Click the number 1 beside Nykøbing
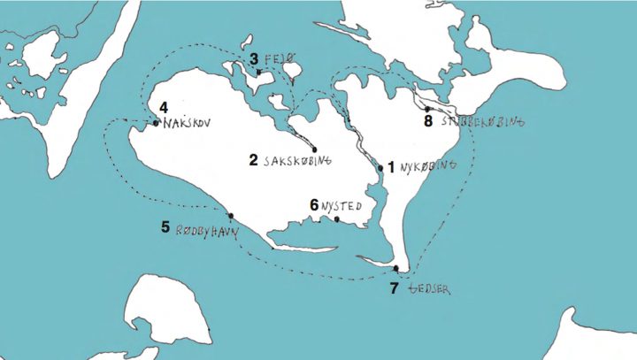pyautogui.click(x=391, y=165)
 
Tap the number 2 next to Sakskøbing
pyautogui.click(x=254, y=160)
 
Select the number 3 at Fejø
pyautogui.click(x=254, y=59)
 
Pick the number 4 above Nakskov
pyautogui.click(x=164, y=109)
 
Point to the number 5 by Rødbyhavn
pyautogui.click(x=165, y=226)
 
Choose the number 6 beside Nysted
pyautogui.click(x=314, y=203)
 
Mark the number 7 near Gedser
pyautogui.click(x=394, y=287)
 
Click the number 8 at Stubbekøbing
pyautogui.click(x=428, y=121)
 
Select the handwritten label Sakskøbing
pyautogui.click(x=296, y=161)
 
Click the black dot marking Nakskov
pyautogui.click(x=156, y=123)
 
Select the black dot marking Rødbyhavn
pyautogui.click(x=231, y=215)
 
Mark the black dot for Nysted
pyautogui.click(x=337, y=218)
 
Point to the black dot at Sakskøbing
pyautogui.click(x=315, y=148)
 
